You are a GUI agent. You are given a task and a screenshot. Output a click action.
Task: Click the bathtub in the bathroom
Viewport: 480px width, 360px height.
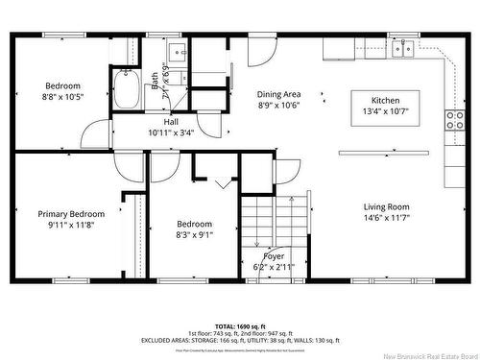(x=126, y=91)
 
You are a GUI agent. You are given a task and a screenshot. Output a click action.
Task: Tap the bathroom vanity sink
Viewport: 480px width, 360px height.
(x=177, y=50)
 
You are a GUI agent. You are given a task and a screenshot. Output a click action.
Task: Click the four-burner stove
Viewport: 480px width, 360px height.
(x=453, y=121)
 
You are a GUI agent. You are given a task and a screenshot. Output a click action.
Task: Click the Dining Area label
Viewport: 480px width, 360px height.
(x=278, y=94)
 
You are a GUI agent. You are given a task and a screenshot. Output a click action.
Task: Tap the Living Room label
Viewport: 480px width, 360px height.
(x=387, y=206)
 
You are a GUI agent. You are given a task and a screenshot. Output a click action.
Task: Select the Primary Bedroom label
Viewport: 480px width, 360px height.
(x=71, y=213)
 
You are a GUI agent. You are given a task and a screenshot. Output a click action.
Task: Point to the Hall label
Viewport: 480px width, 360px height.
(x=171, y=122)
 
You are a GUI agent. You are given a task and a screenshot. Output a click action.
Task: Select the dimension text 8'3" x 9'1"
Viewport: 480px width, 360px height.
(x=194, y=232)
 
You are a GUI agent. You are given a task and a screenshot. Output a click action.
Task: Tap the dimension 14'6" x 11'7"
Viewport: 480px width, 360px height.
(x=387, y=218)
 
